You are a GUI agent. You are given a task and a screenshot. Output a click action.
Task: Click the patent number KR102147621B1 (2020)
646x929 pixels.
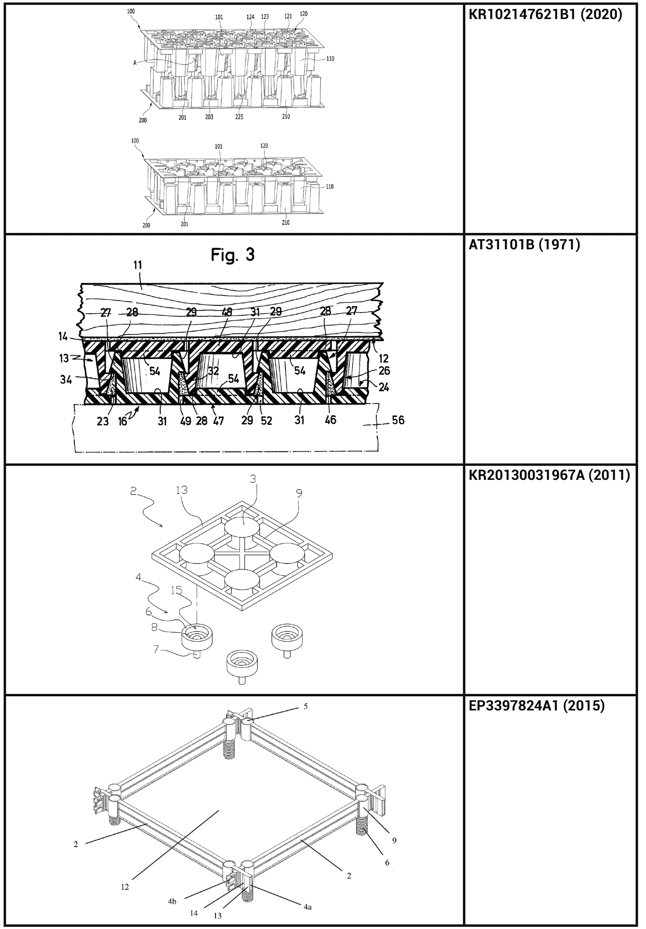click(x=545, y=15)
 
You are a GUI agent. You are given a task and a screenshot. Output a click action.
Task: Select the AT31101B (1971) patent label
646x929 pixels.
click(x=524, y=245)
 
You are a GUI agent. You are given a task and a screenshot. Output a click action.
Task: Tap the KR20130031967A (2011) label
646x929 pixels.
click(x=549, y=475)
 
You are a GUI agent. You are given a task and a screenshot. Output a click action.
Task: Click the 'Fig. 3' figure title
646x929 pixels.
click(x=233, y=255)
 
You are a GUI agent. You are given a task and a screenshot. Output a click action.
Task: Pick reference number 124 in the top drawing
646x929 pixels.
click(x=251, y=17)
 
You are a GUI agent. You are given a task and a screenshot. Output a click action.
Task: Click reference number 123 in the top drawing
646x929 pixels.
click(x=265, y=17)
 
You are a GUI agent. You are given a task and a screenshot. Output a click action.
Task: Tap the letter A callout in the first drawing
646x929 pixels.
click(x=134, y=63)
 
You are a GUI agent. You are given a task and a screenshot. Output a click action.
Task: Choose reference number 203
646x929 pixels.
click(x=209, y=117)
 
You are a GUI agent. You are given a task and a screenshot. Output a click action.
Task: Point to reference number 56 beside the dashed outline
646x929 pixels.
click(x=398, y=420)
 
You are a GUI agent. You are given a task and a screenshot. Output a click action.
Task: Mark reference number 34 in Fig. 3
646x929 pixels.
click(x=66, y=379)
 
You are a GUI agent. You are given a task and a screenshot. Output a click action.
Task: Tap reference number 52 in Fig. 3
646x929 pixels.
click(x=266, y=421)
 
